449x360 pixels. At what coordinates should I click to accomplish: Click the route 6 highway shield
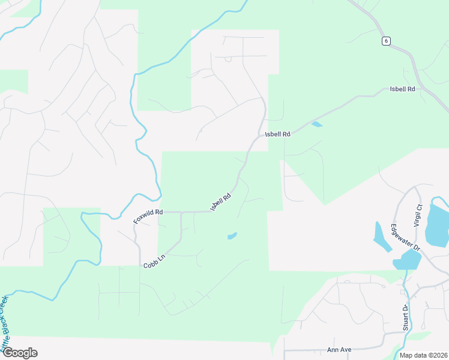(386, 40)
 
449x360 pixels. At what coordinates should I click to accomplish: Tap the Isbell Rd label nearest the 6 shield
(402, 89)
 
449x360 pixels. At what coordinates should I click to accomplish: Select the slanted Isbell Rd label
(221, 201)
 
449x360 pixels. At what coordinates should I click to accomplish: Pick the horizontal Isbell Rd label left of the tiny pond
(278, 134)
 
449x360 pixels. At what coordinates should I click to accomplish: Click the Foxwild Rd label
(148, 217)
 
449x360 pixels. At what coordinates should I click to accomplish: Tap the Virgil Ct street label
(418, 214)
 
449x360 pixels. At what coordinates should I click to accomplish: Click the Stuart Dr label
(406, 317)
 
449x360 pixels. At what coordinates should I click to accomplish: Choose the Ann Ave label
(339, 349)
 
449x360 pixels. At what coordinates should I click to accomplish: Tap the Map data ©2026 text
(423, 355)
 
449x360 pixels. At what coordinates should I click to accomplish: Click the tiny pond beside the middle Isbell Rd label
(317, 125)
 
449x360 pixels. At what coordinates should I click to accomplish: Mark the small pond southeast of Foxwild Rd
(232, 236)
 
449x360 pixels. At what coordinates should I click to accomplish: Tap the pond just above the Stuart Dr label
(408, 260)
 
